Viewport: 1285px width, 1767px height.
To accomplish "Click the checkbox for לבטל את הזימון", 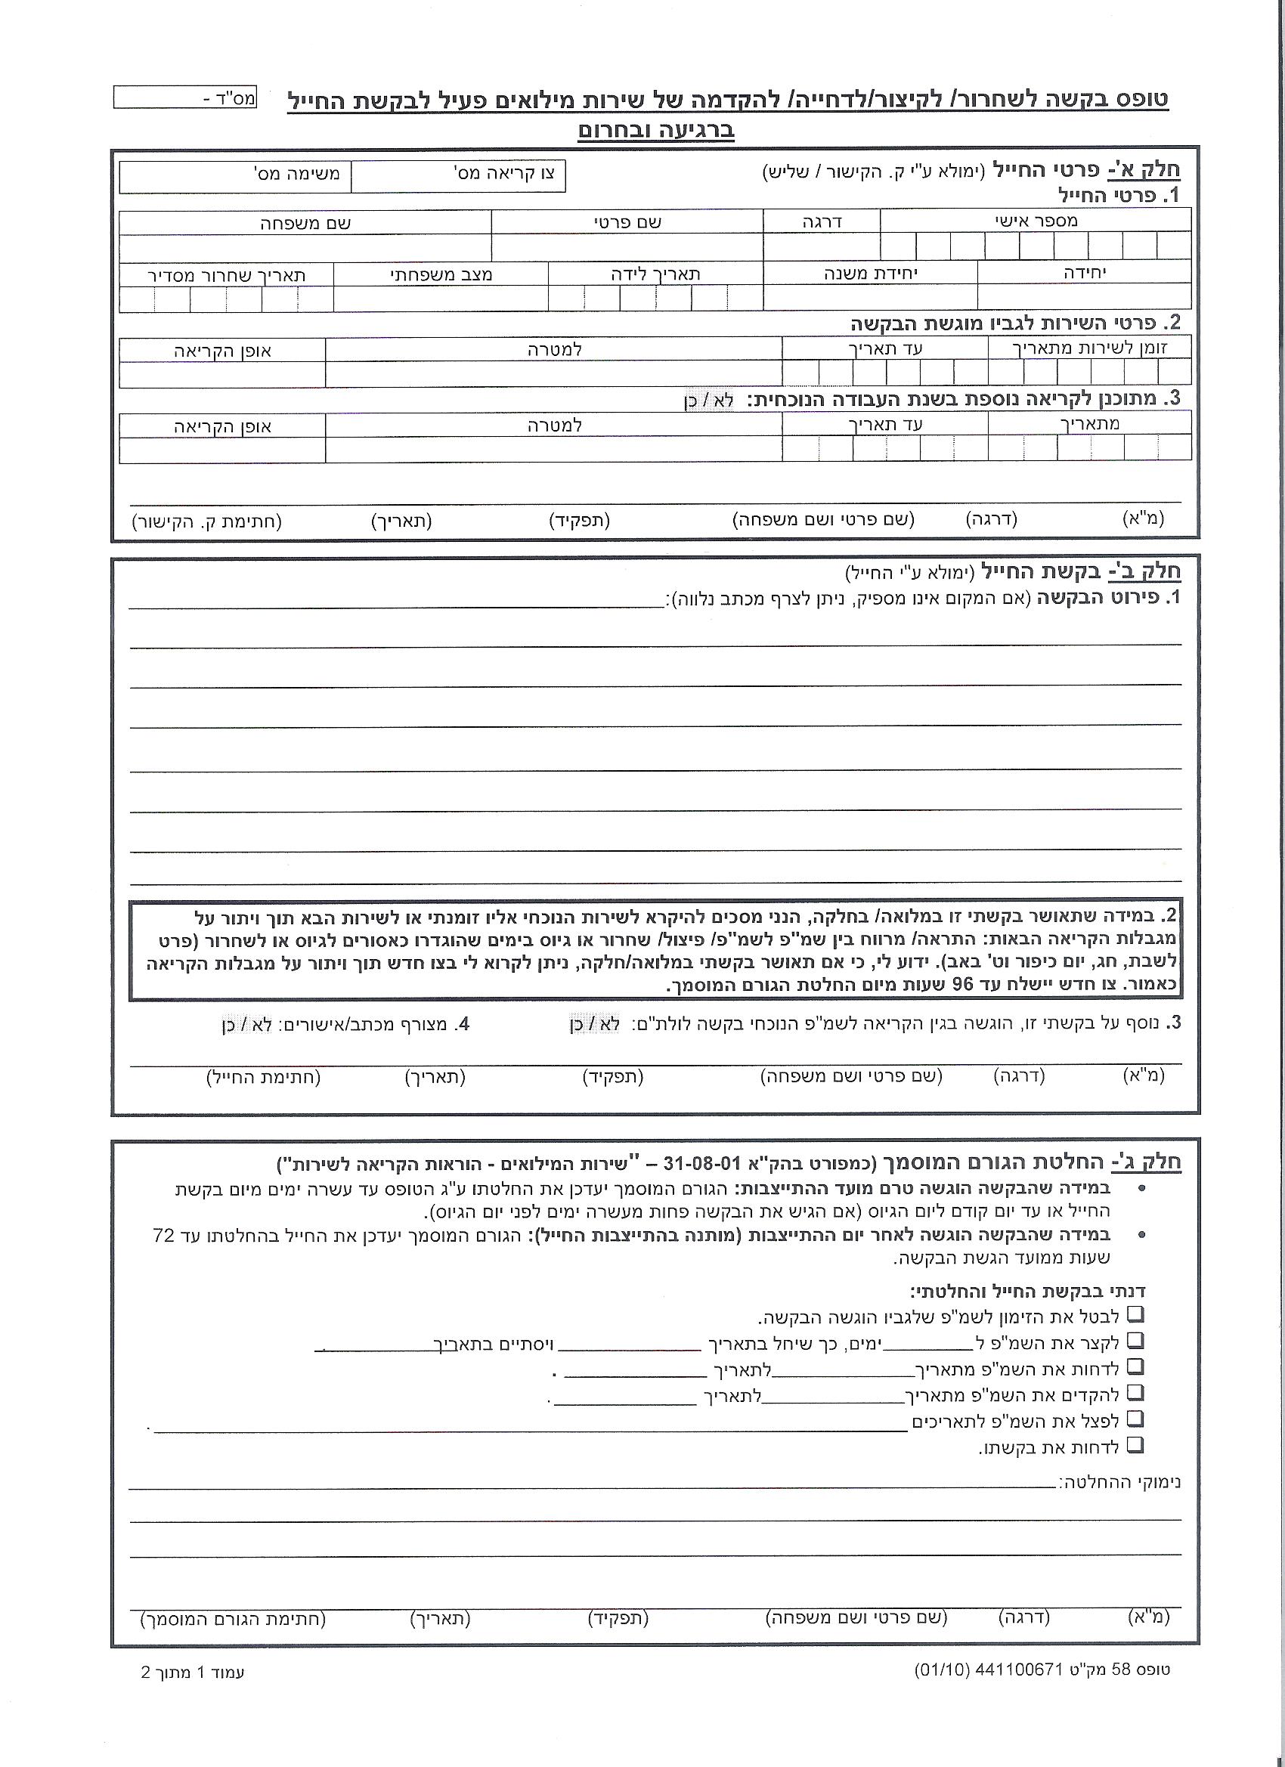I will pos(1136,1314).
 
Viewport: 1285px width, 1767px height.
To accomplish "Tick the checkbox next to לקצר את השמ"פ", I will pos(1136,1340).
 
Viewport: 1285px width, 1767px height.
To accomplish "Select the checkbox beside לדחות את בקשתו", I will pos(1136,1444).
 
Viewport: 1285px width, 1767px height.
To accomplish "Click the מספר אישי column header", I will pos(1036,221).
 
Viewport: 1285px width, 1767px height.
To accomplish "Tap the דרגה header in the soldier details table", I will pos(822,221).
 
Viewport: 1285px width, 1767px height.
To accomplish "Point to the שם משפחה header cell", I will pos(305,223).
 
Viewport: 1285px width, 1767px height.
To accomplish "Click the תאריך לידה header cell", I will pos(655,274).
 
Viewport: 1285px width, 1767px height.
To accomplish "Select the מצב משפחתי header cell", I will pos(441,274).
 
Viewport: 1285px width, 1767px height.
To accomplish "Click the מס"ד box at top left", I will pos(184,98).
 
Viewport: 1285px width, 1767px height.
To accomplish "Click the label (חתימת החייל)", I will pos(263,1078).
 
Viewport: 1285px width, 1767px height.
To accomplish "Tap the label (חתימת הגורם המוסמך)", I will pos(233,1618).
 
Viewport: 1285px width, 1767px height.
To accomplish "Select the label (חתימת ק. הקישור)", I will pos(206,521).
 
